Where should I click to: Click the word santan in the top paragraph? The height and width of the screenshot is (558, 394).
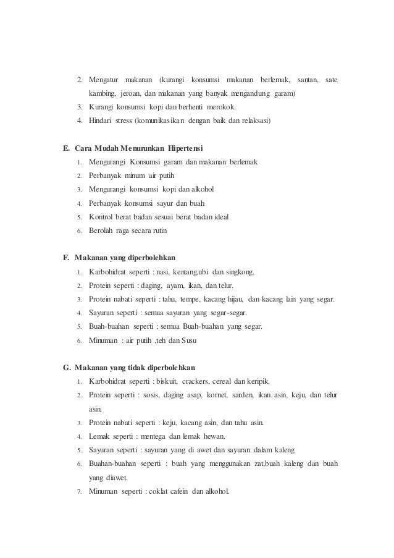click(307, 80)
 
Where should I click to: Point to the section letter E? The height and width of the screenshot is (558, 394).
click(66, 149)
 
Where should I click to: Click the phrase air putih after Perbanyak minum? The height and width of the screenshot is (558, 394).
click(162, 175)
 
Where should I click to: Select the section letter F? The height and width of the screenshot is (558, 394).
click(66, 258)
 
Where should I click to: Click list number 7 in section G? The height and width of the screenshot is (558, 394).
click(80, 491)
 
